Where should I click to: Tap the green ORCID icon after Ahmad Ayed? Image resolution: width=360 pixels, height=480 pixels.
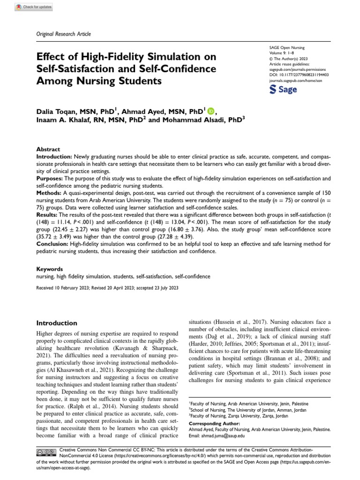210,111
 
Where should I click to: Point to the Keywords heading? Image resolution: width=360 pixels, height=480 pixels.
49,270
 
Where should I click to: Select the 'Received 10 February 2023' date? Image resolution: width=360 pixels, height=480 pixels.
63,287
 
